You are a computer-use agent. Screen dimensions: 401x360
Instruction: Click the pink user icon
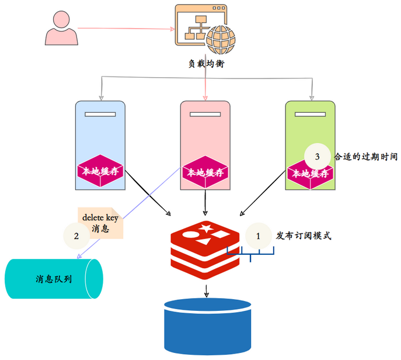[61, 28]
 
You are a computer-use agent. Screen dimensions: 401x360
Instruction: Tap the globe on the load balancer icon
[221, 40]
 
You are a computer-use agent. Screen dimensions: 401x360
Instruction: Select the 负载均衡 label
[207, 63]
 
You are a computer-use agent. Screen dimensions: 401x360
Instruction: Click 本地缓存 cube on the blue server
[100, 171]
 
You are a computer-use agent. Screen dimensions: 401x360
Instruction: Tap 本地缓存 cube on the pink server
[205, 172]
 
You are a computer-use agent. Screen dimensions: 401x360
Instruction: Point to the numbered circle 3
[317, 157]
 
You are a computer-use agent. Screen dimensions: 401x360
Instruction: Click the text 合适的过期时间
[366, 157]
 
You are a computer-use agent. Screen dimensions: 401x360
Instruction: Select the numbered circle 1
[259, 236]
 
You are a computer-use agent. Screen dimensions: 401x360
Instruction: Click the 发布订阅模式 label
[304, 236]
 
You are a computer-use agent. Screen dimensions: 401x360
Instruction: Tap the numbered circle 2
[76, 236]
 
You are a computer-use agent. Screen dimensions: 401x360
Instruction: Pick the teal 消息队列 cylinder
[54, 279]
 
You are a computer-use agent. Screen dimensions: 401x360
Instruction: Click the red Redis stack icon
[205, 250]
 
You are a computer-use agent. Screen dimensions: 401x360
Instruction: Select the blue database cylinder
[207, 326]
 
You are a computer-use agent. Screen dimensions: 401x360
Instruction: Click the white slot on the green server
[310, 114]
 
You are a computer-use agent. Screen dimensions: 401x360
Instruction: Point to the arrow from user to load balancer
[126, 29]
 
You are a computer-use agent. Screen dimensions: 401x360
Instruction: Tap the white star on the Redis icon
[206, 228]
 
